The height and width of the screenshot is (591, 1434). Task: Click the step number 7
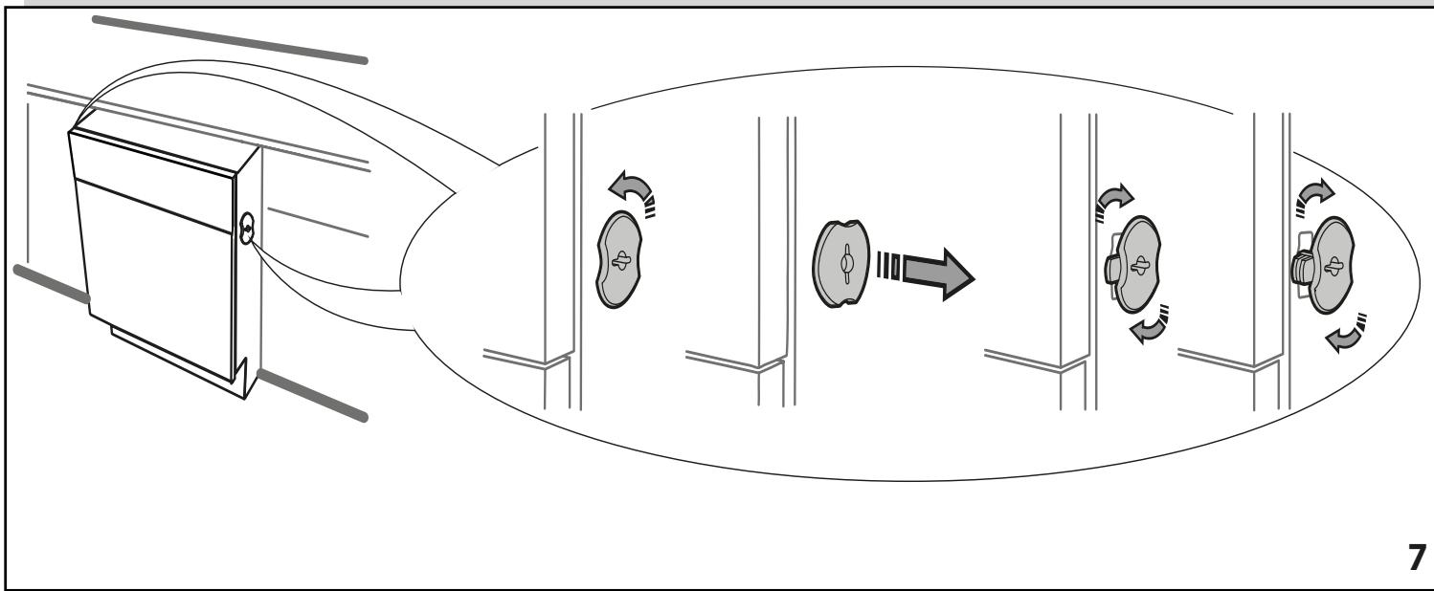[1416, 558]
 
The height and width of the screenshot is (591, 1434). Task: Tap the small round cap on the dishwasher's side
[248, 229]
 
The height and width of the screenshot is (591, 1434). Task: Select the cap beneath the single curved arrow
[618, 260]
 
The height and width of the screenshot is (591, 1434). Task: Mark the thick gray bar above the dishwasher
[230, 38]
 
